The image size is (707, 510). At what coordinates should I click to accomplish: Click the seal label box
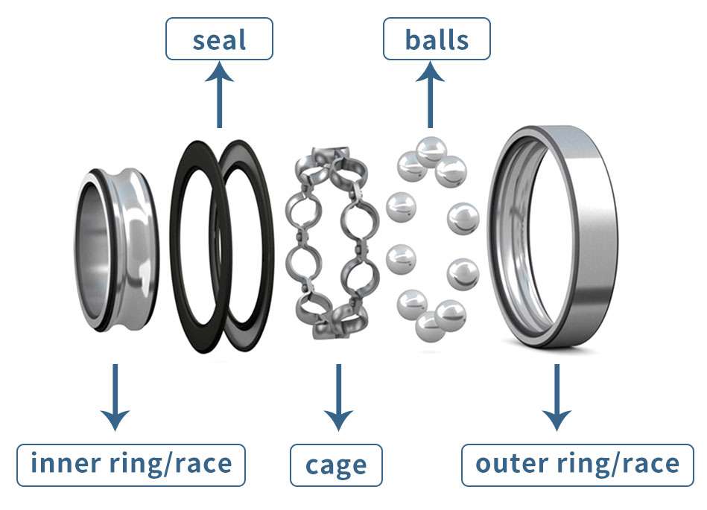tap(219, 39)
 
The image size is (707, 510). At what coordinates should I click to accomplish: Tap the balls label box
tap(437, 39)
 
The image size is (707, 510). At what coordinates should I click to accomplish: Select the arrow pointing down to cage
tap(338, 398)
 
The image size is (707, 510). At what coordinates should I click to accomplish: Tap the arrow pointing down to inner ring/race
tap(114, 398)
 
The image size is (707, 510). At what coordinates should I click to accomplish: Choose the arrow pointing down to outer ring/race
tap(556, 398)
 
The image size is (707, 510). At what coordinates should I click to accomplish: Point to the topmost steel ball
tap(431, 151)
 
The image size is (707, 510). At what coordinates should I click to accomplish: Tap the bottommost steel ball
tap(430, 325)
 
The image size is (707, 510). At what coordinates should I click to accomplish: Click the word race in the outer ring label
tap(647, 463)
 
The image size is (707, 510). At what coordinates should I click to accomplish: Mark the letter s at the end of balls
tap(462, 39)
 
